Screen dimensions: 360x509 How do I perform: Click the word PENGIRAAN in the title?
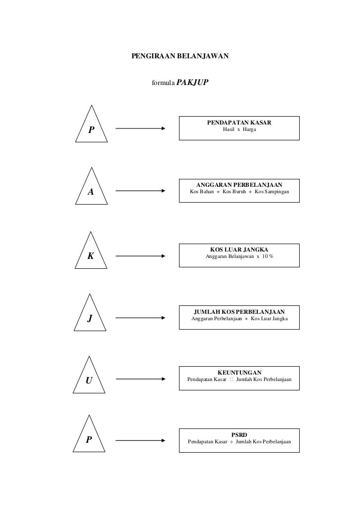tap(153, 56)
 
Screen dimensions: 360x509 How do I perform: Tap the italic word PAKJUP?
tap(192, 83)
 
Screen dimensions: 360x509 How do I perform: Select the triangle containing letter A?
tap(91, 186)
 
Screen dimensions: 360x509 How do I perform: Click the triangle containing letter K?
tap(91, 250)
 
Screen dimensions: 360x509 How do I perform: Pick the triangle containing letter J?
tap(90, 313)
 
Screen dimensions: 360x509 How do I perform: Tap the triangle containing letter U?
tap(89, 375)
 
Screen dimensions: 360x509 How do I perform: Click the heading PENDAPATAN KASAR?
tap(239, 123)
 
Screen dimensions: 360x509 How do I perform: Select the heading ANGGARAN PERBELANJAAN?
tap(239, 185)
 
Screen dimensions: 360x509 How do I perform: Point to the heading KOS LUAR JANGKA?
tap(239, 250)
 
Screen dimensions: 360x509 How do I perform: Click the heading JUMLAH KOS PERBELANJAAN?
tap(239, 312)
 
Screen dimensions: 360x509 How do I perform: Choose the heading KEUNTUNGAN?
tap(239, 372)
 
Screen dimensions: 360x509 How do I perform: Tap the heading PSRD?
tap(239, 435)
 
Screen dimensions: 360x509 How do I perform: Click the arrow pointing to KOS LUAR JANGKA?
tap(140, 256)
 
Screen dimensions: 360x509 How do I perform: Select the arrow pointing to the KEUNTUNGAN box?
tap(140, 379)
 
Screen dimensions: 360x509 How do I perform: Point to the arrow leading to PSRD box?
tap(140, 440)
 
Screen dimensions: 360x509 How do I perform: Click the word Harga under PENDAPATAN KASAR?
tap(249, 129)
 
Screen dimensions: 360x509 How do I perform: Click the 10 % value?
tap(268, 256)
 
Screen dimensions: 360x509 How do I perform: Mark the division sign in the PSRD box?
tap(231, 442)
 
